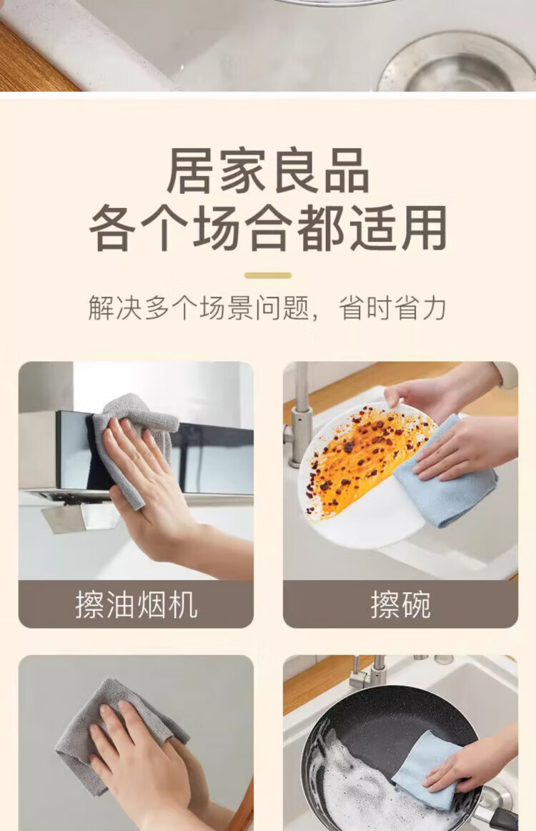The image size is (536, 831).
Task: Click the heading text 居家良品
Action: [268, 171]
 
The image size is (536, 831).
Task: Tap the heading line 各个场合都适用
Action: [268, 228]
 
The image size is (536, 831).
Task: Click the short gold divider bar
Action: [268, 275]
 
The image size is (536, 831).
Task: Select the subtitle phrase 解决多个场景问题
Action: [199, 308]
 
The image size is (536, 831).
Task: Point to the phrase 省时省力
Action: [392, 308]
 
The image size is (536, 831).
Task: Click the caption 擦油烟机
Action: [136, 605]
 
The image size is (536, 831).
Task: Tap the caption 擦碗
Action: [400, 605]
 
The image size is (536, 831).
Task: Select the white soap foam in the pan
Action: [365, 779]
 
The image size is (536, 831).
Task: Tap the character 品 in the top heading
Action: [347, 171]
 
